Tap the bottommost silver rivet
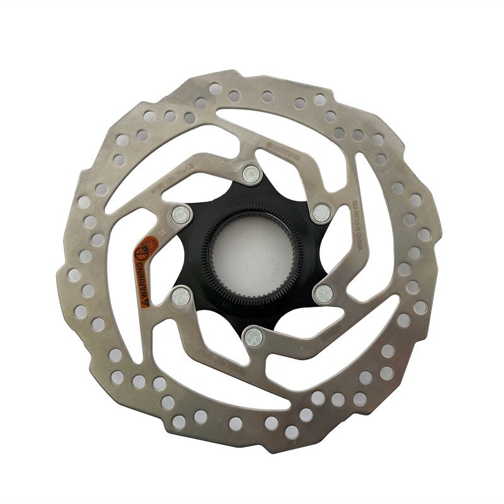(x=253, y=336)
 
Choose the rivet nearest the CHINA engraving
(x=322, y=212)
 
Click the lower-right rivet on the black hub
(x=323, y=292)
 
